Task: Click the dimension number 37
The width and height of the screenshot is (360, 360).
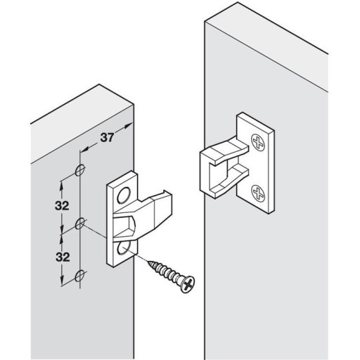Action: point(107,138)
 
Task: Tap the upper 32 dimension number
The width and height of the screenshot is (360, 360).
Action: point(62,206)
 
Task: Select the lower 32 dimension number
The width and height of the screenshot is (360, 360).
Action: point(63,257)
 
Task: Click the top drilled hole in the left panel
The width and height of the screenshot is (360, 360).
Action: point(79,170)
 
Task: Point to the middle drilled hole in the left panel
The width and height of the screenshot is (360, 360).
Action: point(79,224)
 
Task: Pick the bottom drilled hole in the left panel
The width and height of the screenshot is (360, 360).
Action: point(79,276)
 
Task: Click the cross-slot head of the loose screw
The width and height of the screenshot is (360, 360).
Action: point(188,285)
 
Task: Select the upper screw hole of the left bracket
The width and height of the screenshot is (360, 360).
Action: point(124,195)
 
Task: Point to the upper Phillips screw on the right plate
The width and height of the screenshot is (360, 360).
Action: point(258,143)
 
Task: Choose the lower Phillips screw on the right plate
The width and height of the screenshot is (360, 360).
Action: point(258,193)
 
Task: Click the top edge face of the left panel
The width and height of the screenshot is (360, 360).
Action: point(82,122)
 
